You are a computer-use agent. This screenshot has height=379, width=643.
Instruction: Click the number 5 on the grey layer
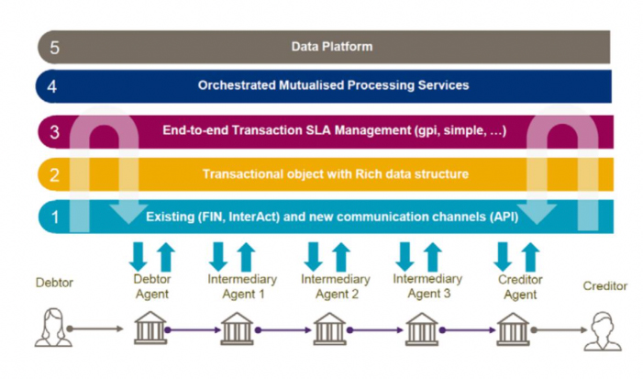(54, 46)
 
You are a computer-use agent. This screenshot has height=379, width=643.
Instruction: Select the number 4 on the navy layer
(54, 85)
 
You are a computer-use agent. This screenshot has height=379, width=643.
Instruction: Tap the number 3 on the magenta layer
(54, 132)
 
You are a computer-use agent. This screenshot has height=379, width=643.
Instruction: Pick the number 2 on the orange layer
(54, 173)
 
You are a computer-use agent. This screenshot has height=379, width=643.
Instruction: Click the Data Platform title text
(332, 46)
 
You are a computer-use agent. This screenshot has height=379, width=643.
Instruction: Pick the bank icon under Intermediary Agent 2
(330, 328)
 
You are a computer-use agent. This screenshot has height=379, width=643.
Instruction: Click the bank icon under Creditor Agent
(514, 328)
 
